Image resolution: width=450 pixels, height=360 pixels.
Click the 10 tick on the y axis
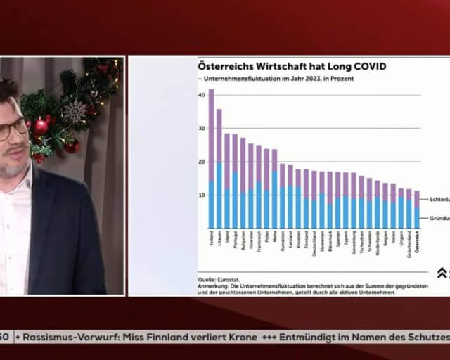[x=201, y=195]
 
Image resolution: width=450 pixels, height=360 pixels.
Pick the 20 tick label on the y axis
[x=201, y=162]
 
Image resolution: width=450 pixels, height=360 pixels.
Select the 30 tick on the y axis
[x=201, y=128]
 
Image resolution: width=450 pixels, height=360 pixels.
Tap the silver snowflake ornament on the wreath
[x=75, y=110]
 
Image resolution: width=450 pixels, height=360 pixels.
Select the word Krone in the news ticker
[x=238, y=337]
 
